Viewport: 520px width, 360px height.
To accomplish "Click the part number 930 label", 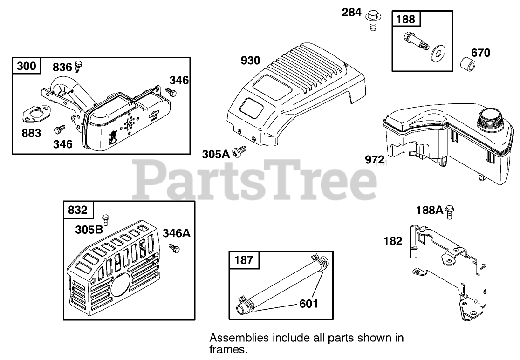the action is (x=251, y=61).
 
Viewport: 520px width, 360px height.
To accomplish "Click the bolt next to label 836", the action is (x=78, y=66).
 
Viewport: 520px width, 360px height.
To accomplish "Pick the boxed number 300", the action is (x=26, y=66).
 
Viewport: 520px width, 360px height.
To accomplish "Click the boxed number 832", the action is (x=78, y=210).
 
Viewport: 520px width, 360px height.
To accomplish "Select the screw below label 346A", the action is (x=175, y=248).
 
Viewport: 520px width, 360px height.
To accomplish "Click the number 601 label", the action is (x=308, y=304).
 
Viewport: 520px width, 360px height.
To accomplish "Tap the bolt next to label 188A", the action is (x=450, y=211).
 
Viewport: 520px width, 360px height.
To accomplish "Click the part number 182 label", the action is (x=392, y=241).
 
